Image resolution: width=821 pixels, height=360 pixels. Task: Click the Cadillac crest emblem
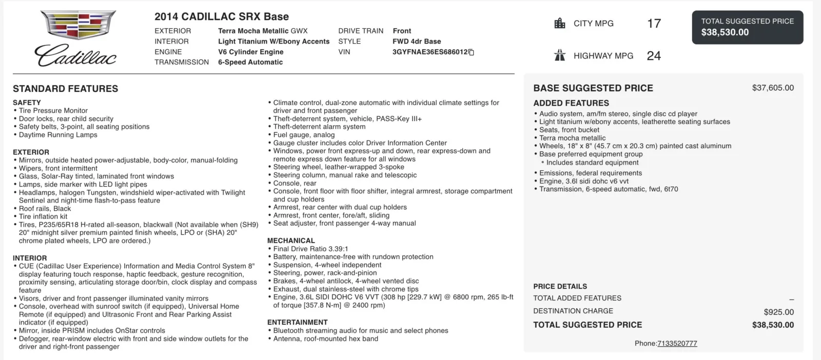click(x=78, y=25)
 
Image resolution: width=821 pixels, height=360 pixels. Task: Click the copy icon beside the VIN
click(x=472, y=52)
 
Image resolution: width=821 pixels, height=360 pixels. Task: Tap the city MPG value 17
click(x=654, y=24)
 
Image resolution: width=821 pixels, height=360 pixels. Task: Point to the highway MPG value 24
click(x=654, y=56)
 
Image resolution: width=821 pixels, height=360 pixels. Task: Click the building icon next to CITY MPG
click(x=560, y=24)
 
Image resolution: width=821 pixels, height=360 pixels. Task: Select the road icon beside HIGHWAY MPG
click(x=560, y=55)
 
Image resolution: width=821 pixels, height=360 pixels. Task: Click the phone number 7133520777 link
click(x=677, y=344)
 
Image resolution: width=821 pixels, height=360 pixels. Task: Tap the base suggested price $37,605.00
click(x=773, y=88)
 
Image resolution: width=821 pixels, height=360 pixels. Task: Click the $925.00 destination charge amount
click(x=778, y=312)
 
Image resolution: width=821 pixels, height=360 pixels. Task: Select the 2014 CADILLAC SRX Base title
click(x=222, y=16)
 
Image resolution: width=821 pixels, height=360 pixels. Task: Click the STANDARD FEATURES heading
click(x=65, y=89)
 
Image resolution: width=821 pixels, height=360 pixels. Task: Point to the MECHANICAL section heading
click(x=291, y=241)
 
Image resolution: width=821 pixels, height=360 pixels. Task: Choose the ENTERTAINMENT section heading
click(x=297, y=322)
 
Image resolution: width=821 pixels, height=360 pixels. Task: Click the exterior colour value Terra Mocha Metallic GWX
click(x=263, y=31)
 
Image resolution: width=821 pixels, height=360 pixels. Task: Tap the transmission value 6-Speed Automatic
click(x=250, y=62)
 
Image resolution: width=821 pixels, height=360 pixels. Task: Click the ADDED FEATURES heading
click(x=571, y=103)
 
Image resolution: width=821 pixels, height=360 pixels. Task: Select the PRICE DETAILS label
click(x=560, y=286)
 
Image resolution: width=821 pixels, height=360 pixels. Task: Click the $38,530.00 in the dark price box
click(x=725, y=32)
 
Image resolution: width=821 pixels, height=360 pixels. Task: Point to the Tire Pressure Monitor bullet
click(x=53, y=110)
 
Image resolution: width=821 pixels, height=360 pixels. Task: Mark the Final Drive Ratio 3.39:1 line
click(x=310, y=249)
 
